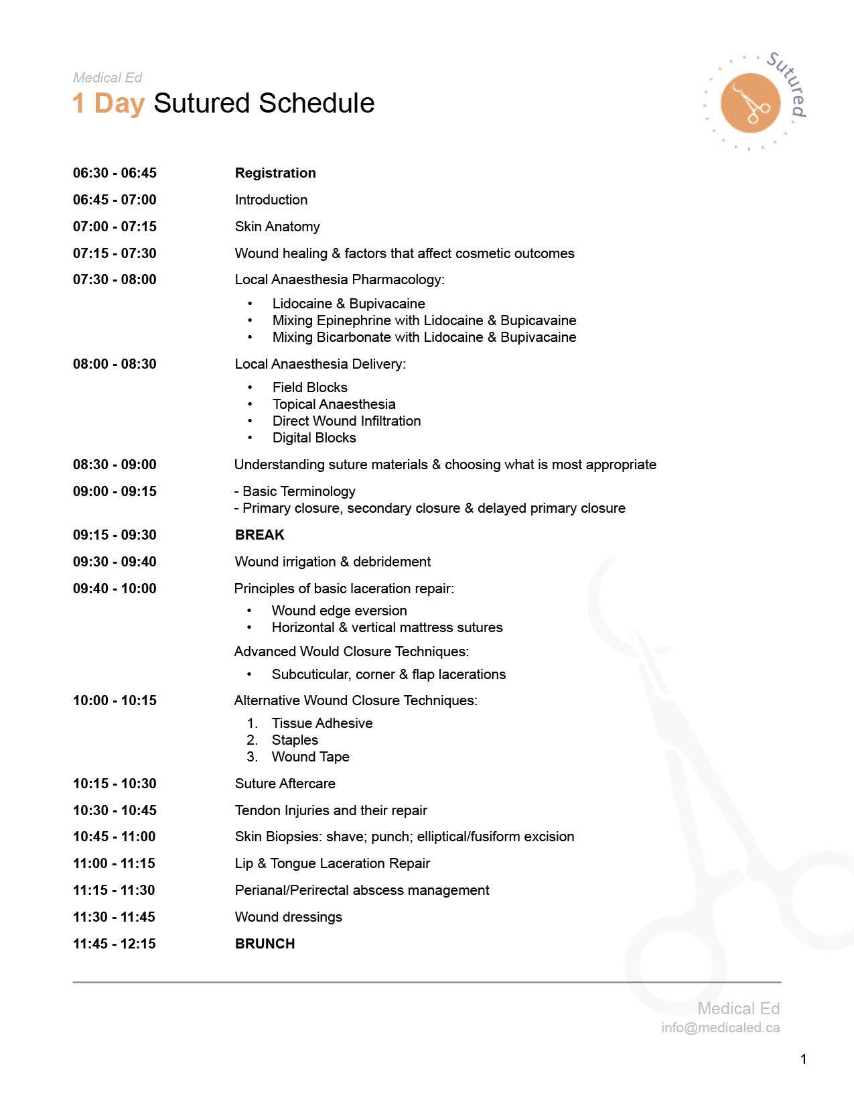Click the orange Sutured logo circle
click(750, 103)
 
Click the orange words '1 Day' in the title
click(109, 103)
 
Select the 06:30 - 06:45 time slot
click(115, 173)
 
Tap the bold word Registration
click(275, 173)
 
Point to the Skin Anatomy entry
click(277, 227)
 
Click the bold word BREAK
click(260, 535)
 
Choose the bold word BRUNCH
click(265, 944)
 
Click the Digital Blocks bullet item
click(314, 438)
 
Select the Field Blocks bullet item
click(310, 387)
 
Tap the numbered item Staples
click(295, 740)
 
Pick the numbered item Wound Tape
click(311, 757)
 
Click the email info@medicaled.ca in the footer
click(720, 1028)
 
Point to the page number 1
click(803, 1059)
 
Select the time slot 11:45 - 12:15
click(115, 944)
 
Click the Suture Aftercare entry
click(285, 784)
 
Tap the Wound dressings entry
click(289, 917)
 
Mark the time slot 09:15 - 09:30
click(115, 535)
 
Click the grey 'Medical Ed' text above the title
click(108, 78)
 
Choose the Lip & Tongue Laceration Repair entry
click(332, 863)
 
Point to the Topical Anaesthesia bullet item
click(334, 404)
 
